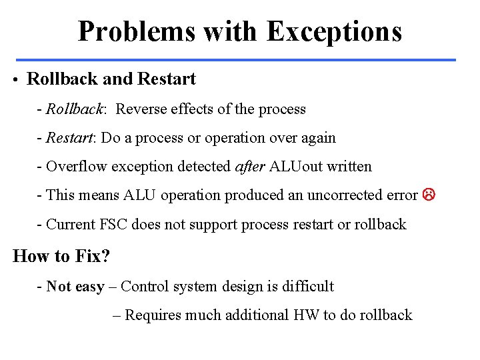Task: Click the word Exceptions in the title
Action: pyautogui.click(x=334, y=31)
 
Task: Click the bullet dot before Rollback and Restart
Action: pyautogui.click(x=15, y=80)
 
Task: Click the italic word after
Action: pyautogui.click(x=250, y=167)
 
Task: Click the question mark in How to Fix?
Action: pyautogui.click(x=105, y=256)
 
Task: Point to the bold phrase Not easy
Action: pyautogui.click(x=75, y=287)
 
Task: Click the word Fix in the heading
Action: pyautogui.click(x=87, y=256)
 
